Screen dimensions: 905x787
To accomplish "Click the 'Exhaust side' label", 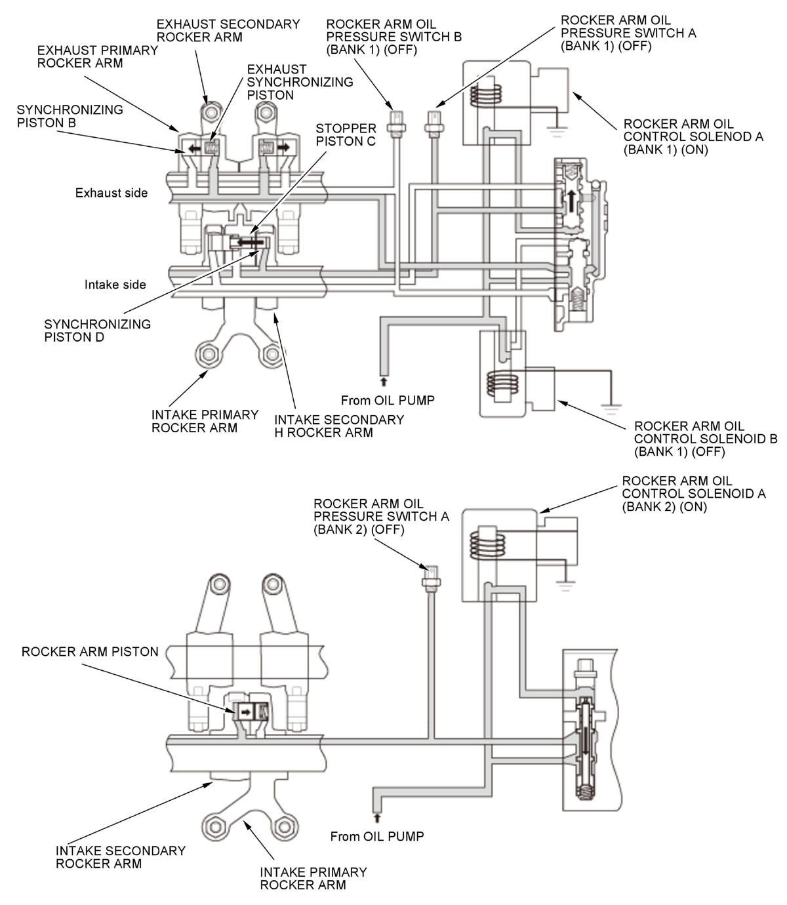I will pyautogui.click(x=111, y=193).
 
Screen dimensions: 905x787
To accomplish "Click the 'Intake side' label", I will pyautogui.click(x=115, y=285).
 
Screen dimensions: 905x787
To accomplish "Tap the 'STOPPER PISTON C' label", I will pyautogui.click(x=346, y=134).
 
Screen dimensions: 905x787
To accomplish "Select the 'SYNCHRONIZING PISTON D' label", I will pyautogui.click(x=97, y=331).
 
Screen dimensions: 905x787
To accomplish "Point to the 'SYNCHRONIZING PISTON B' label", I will pyautogui.click(x=70, y=116).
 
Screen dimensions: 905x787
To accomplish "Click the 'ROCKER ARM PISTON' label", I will pyautogui.click(x=90, y=651).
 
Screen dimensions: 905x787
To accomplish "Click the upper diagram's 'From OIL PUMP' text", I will pyautogui.click(x=388, y=400).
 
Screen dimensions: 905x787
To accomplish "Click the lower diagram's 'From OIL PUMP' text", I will pyautogui.click(x=377, y=836).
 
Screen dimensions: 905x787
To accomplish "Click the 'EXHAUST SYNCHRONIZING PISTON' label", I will pyautogui.click(x=299, y=82).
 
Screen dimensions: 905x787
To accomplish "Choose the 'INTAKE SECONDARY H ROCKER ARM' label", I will pyautogui.click(x=338, y=426).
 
